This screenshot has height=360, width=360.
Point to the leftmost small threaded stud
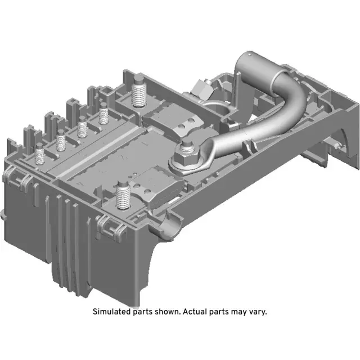[40, 154]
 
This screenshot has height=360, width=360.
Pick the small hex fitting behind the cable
[202, 88]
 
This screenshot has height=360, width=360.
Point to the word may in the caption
[237, 311]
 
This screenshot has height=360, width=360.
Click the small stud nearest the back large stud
[103, 117]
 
